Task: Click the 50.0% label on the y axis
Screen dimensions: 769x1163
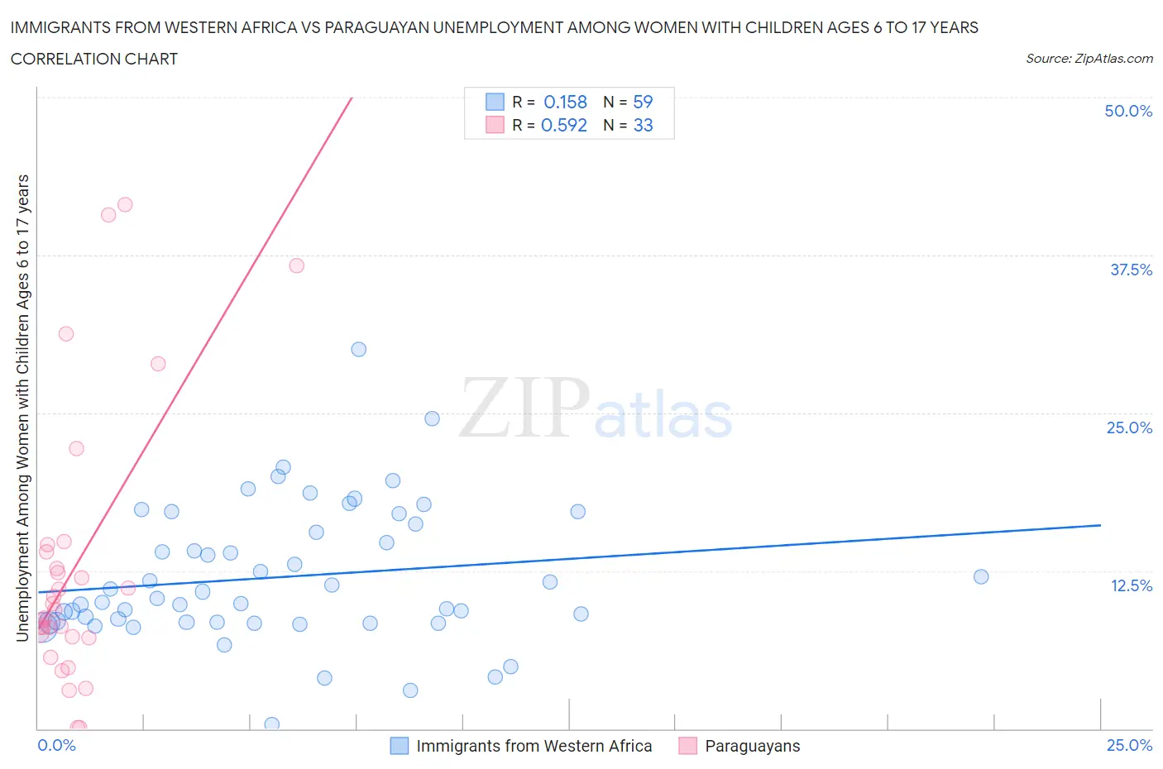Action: click(1128, 111)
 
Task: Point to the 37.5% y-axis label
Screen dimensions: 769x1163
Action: click(1131, 270)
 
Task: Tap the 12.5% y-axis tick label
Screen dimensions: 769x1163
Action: click(1131, 585)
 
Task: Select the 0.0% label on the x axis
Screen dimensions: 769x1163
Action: click(56, 745)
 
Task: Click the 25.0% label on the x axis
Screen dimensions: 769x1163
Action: click(1129, 745)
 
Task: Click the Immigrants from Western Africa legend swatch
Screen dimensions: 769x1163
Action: click(400, 746)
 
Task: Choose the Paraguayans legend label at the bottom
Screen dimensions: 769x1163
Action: click(752, 746)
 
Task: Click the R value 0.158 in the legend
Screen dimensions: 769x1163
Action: click(565, 102)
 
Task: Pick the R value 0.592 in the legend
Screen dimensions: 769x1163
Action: click(563, 125)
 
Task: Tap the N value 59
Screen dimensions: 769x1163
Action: click(643, 102)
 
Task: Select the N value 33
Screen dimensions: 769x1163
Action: click(643, 125)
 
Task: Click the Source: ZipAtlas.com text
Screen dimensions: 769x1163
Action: click(1089, 59)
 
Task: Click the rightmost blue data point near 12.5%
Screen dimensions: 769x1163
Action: click(981, 576)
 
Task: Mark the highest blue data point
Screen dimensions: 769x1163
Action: click(358, 349)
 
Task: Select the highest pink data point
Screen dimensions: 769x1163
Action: click(125, 204)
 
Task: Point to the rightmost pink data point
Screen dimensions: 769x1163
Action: click(296, 265)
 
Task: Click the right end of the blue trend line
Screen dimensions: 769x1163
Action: click(1100, 525)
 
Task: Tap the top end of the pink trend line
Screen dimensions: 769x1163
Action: click(352, 98)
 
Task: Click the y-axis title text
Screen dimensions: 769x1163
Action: click(22, 408)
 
